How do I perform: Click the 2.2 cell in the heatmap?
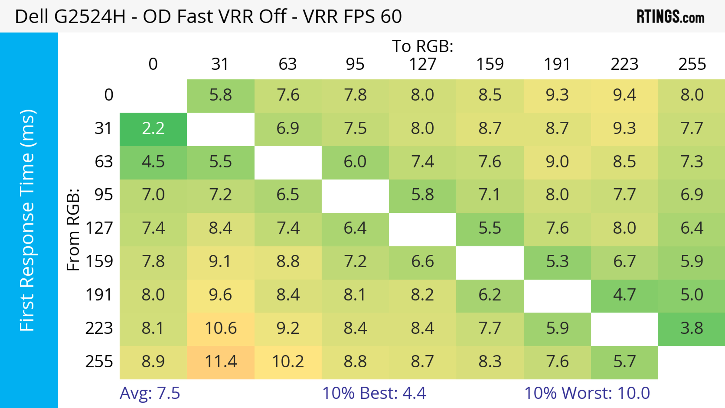click(153, 129)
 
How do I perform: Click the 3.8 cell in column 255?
click(692, 328)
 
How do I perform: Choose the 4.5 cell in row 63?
click(153, 162)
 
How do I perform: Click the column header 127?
click(423, 64)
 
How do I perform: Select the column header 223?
click(624, 64)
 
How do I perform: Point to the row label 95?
click(104, 195)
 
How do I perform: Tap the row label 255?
click(99, 362)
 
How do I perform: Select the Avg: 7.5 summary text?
click(150, 393)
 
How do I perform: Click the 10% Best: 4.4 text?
click(374, 393)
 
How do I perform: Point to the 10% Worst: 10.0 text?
click(587, 393)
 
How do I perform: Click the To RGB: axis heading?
click(423, 46)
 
